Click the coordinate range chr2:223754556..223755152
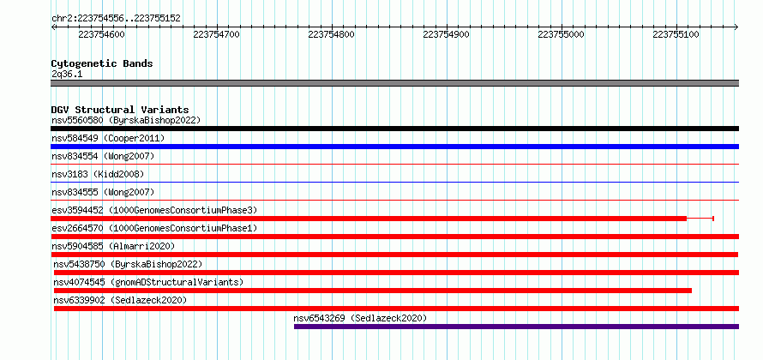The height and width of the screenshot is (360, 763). (116, 19)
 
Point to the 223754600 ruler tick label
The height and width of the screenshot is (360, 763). (101, 34)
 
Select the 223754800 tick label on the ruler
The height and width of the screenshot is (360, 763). (332, 34)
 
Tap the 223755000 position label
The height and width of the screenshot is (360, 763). (561, 34)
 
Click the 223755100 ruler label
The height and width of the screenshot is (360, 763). (676, 34)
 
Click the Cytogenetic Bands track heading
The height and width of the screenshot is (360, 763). (102, 63)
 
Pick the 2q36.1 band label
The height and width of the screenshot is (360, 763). (67, 75)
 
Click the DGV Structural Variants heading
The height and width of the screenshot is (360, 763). (120, 110)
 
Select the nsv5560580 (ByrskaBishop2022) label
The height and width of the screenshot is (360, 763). (126, 120)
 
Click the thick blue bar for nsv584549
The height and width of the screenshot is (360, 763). (394, 147)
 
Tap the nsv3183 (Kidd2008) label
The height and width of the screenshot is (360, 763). (98, 174)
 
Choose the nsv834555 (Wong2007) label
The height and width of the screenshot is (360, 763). (103, 192)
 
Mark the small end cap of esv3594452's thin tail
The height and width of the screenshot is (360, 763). (713, 219)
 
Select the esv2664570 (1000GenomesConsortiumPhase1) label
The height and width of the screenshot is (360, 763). (154, 228)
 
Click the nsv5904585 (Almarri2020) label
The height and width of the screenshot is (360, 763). (113, 246)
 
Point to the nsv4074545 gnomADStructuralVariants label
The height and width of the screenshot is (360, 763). (148, 282)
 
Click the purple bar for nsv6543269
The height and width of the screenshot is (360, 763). (516, 327)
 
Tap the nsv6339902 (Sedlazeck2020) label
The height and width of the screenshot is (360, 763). (120, 300)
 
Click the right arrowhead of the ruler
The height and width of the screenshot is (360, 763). (736, 27)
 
